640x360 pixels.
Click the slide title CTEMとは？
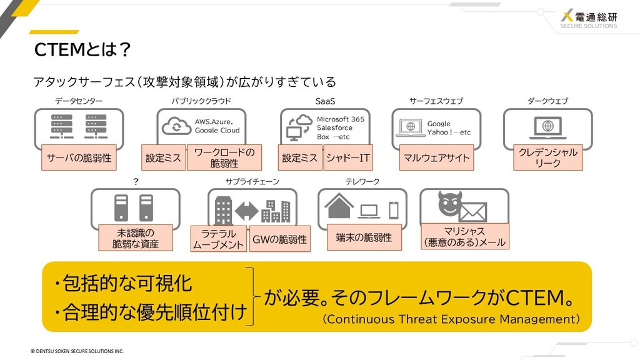(x=82, y=50)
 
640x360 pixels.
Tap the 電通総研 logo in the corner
(x=589, y=19)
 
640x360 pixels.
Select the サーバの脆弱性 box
(x=79, y=157)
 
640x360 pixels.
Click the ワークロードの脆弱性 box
(x=224, y=157)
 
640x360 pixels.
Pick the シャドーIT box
(x=347, y=157)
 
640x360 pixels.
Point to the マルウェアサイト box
(x=437, y=157)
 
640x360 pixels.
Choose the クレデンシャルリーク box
(x=547, y=157)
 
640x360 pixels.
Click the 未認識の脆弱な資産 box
(x=136, y=238)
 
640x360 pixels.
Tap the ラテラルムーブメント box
(x=218, y=239)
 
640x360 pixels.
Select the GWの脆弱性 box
(x=279, y=239)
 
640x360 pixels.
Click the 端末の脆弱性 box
(x=364, y=237)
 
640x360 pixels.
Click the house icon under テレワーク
(x=339, y=206)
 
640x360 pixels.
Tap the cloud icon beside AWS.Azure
(x=176, y=126)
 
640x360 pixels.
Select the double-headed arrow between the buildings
(x=246, y=211)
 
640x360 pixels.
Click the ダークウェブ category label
(x=547, y=101)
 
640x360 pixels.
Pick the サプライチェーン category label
(x=252, y=181)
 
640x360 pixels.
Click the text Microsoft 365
(x=341, y=119)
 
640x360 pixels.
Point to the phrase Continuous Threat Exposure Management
(x=451, y=319)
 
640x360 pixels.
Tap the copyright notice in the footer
(x=77, y=351)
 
